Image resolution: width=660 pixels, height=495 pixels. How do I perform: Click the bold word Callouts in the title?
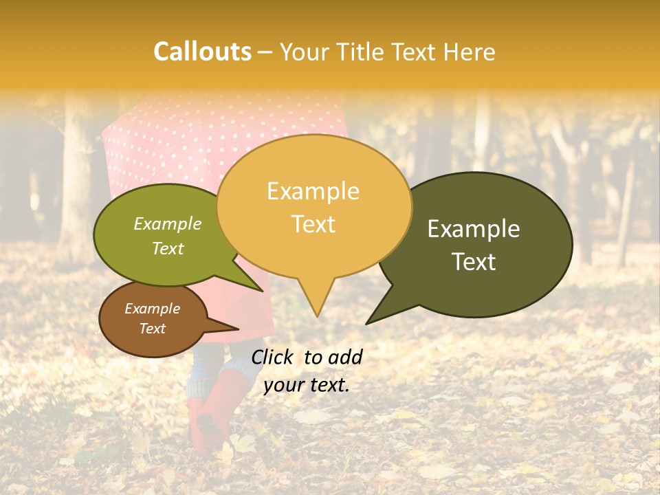coord(202,52)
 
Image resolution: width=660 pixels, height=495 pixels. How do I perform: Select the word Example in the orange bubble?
coord(313,191)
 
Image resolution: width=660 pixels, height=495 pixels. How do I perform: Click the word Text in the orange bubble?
coord(313,224)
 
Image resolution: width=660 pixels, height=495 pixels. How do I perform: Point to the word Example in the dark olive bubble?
coord(474,229)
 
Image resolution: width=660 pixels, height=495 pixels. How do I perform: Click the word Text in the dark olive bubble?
coord(474,261)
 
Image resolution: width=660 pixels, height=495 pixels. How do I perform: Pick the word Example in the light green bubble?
coord(167,223)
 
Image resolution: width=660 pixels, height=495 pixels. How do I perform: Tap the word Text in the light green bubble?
coord(168,248)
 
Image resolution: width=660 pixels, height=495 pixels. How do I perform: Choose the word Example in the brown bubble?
coord(152,309)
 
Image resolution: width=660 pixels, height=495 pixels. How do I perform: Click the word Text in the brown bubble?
coord(153,329)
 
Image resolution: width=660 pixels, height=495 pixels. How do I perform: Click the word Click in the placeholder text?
coord(273,357)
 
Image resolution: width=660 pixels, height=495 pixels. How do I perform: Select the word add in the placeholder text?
coord(345,357)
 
